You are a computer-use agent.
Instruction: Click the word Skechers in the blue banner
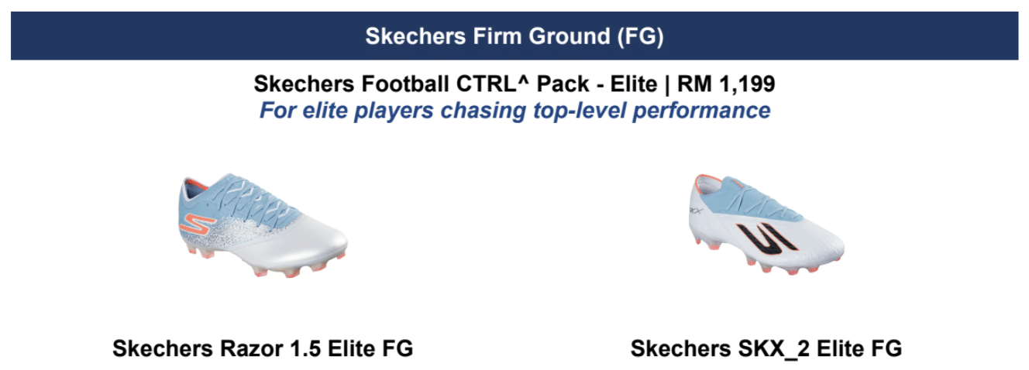[415, 36]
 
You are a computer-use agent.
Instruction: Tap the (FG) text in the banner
[640, 36]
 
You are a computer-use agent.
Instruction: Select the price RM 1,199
[726, 84]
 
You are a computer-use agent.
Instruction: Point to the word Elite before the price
[634, 84]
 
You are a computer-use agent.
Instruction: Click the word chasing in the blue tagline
[483, 111]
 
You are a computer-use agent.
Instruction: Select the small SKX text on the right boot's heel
[696, 211]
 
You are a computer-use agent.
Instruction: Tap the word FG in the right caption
[887, 348]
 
